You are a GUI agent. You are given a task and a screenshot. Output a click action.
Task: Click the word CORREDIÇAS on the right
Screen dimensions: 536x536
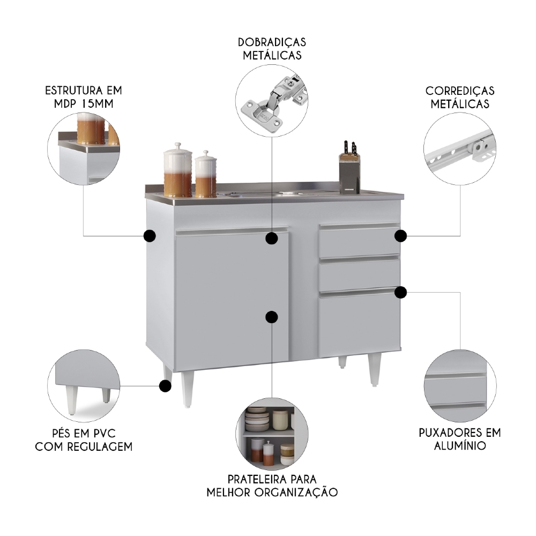tap(460, 91)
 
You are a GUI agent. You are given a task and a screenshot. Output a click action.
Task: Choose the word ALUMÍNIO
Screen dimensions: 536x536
tap(459, 445)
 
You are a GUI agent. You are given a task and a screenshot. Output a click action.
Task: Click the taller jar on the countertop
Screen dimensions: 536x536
tap(177, 170)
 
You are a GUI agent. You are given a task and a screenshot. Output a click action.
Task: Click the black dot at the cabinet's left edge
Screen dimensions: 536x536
tap(150, 235)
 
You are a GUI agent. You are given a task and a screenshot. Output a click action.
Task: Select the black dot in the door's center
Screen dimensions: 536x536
tap(272, 317)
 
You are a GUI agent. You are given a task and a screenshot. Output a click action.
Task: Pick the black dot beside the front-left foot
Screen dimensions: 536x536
tap(166, 385)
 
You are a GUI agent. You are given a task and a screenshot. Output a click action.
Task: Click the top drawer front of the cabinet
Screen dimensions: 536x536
tap(359, 242)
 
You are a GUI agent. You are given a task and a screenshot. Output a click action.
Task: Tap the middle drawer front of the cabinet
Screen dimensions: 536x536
tap(359, 274)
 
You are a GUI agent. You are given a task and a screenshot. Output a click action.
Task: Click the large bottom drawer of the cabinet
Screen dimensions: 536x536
tap(359, 324)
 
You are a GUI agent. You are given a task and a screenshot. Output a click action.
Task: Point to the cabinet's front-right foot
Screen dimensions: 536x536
tap(375, 370)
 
